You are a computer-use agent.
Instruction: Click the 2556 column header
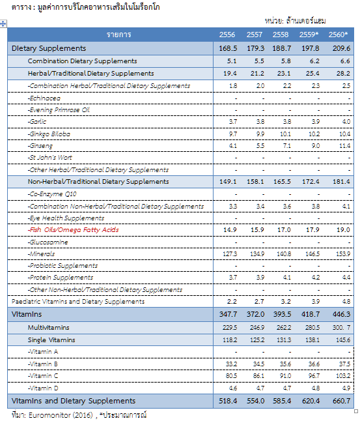tap(227, 35)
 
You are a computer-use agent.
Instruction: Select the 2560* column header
tap(338, 35)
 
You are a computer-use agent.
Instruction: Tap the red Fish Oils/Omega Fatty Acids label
tap(73, 230)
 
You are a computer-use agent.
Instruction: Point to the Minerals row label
tap(41, 254)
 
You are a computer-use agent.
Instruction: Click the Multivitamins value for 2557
tap(257, 328)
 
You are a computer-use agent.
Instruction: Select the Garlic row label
tap(36, 122)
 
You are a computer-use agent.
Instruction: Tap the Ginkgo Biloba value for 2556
tap(233, 134)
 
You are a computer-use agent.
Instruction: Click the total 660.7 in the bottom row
tap(341, 401)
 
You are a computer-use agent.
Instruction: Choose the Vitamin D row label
tap(43, 388)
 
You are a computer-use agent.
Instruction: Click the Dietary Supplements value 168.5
tap(228, 48)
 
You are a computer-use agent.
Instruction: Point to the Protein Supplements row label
tap(61, 278)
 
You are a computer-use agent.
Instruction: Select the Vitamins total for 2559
tap(311, 314)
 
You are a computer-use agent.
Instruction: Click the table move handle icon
tap(3, 24)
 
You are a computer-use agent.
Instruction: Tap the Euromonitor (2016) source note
tap(61, 415)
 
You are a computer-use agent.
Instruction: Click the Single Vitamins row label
tap(51, 340)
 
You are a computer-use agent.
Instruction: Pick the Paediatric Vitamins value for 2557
tap(259, 302)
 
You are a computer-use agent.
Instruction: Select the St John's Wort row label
tap(50, 158)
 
